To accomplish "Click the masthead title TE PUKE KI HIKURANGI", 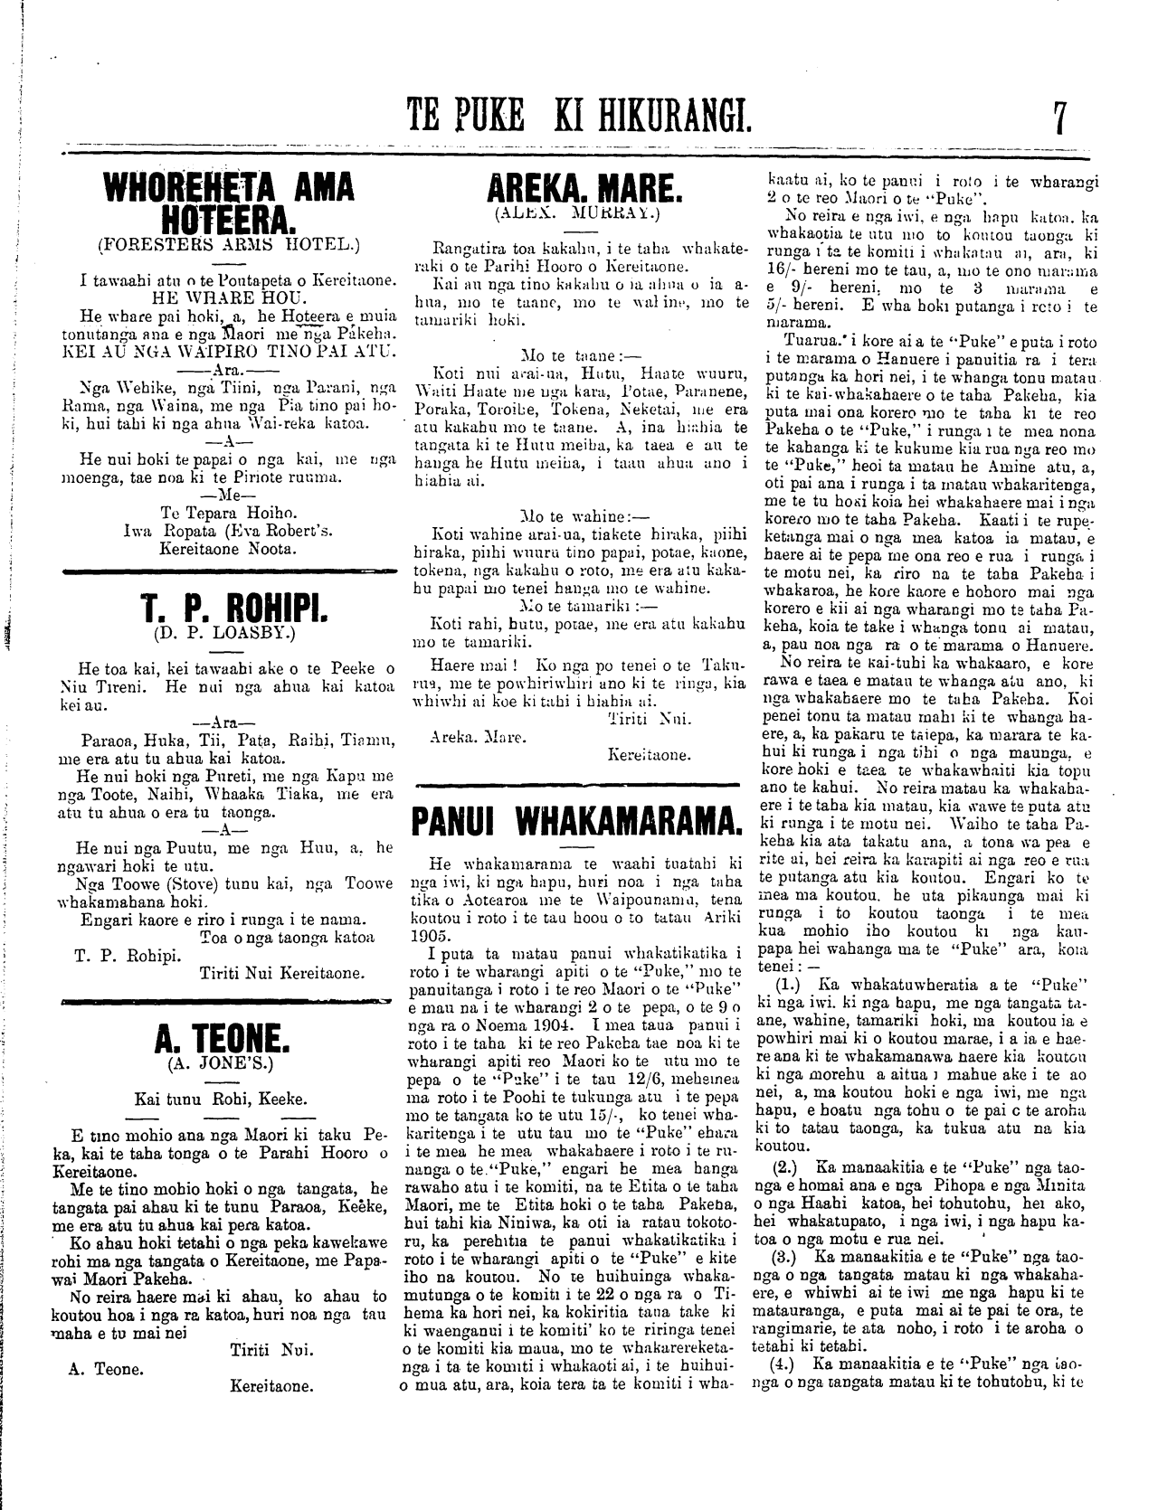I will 580,118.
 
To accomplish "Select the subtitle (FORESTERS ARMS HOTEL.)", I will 229,244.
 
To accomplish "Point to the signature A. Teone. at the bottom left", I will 106,1369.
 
